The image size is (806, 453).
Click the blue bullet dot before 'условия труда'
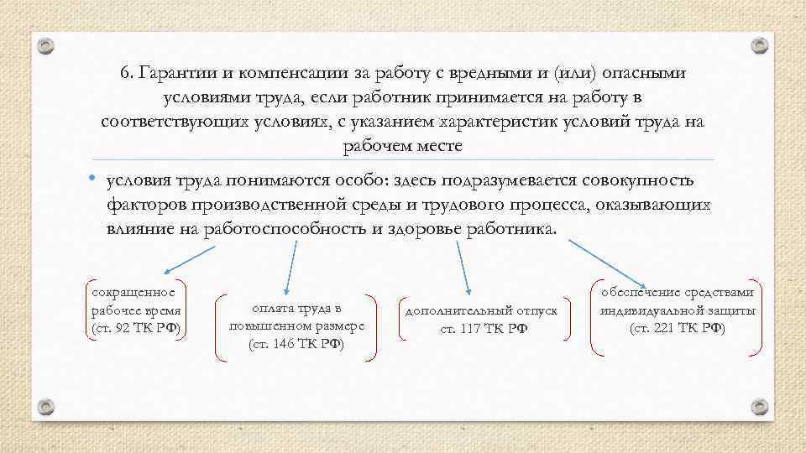coord(97,180)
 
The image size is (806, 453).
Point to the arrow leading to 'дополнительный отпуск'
coord(463,267)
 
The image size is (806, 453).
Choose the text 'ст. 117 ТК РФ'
coord(483,328)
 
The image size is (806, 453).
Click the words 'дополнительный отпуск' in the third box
coord(482,310)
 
